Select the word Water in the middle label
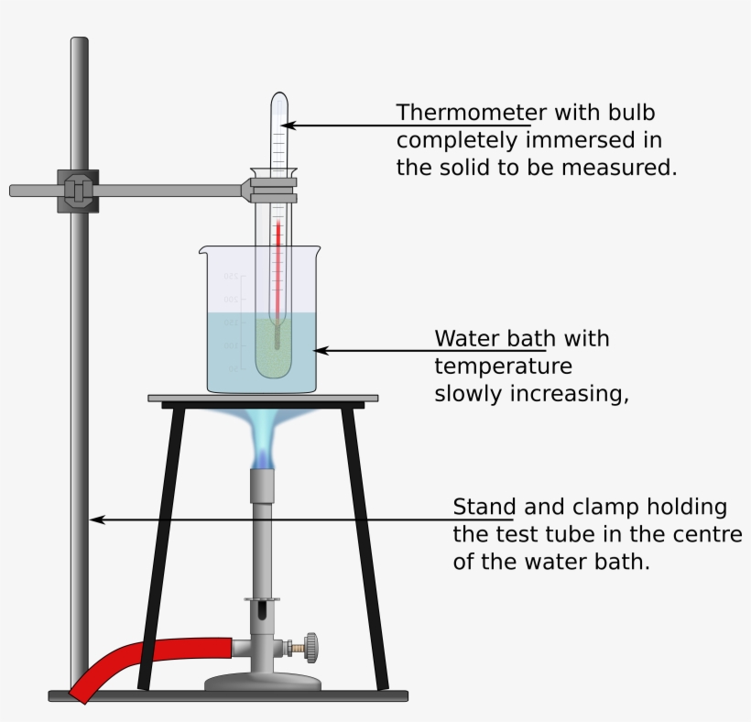466,338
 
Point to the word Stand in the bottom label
484,507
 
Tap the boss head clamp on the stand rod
78,191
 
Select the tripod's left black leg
158,550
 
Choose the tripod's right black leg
365,550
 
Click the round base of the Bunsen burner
264,683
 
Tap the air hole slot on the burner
263,611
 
